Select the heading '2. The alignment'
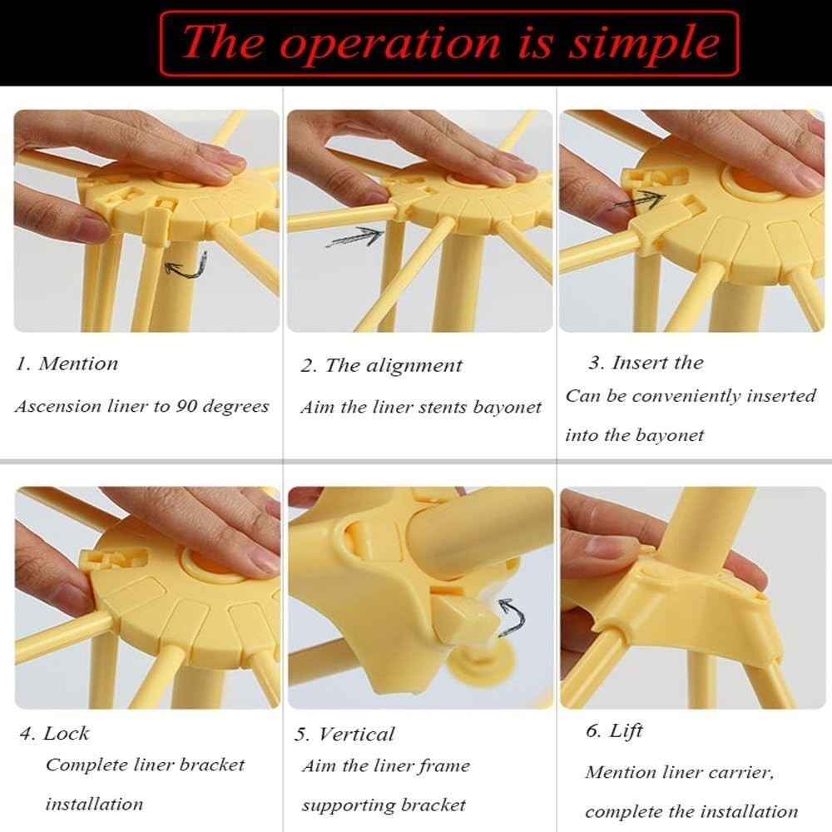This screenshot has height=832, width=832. tap(381, 365)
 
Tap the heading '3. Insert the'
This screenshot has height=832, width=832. tap(646, 363)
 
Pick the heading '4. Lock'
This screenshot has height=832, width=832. tap(55, 733)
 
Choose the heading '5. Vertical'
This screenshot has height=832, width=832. tap(345, 734)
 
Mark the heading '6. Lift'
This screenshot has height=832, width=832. tap(615, 731)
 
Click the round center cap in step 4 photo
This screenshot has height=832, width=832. tap(205, 564)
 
